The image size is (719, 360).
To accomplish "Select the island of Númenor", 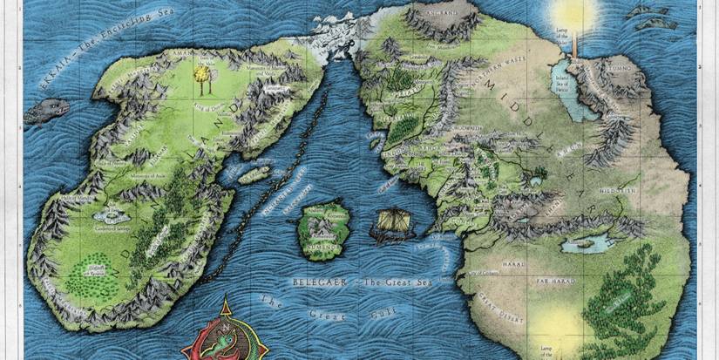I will (322, 229).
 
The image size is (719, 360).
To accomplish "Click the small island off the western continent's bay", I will (254, 174).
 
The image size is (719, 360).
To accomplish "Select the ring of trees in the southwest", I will (92, 265).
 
